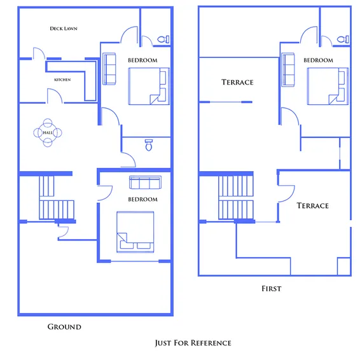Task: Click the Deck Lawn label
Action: (x=64, y=29)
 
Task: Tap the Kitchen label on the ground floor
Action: (x=62, y=80)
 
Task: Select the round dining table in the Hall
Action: (x=48, y=132)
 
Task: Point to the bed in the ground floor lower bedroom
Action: (x=135, y=230)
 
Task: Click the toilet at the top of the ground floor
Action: (x=163, y=39)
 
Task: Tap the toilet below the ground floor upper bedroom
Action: (x=148, y=145)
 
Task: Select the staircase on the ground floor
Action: (x=49, y=198)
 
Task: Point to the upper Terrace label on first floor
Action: (x=237, y=82)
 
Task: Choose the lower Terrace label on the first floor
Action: (x=313, y=205)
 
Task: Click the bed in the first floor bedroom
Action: (x=328, y=87)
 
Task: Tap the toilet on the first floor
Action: (x=343, y=39)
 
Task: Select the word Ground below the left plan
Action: (x=64, y=327)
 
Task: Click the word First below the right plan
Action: (x=271, y=289)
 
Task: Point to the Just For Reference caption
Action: (x=193, y=343)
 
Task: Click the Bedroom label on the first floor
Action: (x=318, y=60)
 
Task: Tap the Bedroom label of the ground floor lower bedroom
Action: (x=142, y=199)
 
